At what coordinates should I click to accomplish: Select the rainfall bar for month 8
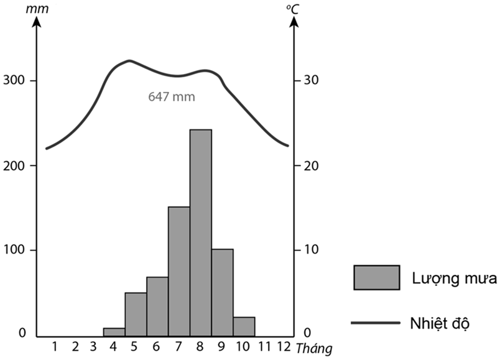pos(201,232)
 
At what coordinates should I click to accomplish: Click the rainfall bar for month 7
pos(179,270)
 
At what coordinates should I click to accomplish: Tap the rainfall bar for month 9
pos(223,292)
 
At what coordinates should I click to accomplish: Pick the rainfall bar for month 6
pos(157,305)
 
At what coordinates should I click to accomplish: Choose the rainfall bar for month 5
pos(136,313)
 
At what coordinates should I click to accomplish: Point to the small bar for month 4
pos(114,331)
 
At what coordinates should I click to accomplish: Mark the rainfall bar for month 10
pos(244,326)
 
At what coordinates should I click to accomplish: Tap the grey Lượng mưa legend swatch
pos(376,277)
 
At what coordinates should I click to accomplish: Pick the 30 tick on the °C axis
pos(309,81)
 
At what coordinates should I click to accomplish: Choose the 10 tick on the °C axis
pos(309,250)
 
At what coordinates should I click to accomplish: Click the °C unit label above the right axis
pos(292,9)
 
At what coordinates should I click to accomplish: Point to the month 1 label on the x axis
pos(55,346)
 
